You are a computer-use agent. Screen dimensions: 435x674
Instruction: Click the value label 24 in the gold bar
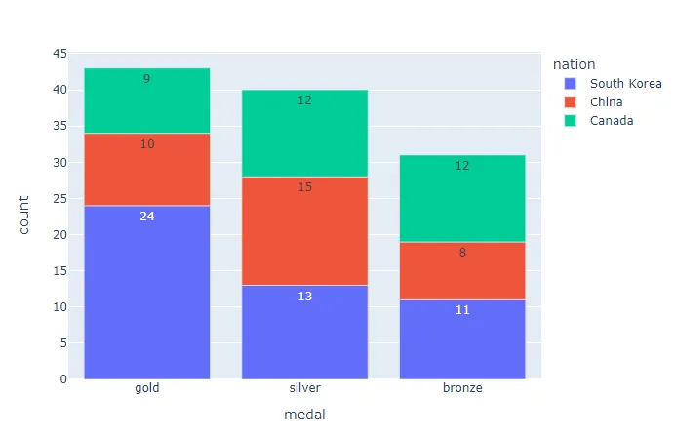146,217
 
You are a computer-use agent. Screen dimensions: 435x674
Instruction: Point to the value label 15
304,187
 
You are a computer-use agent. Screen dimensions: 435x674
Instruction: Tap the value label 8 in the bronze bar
461,253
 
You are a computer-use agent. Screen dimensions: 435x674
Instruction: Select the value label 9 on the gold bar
146,79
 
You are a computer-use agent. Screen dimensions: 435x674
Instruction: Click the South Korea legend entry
625,84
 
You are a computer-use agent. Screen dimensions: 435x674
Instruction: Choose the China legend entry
608,102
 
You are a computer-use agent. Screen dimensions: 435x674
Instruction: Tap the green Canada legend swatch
570,121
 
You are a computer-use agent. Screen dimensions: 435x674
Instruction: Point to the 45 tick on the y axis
59,54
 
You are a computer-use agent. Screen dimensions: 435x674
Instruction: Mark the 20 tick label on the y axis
59,235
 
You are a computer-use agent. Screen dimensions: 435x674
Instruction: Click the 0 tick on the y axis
63,379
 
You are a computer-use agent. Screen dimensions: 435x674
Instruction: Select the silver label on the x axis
304,388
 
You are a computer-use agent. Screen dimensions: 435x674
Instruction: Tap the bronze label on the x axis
461,388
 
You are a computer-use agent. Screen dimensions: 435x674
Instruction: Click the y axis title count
24,216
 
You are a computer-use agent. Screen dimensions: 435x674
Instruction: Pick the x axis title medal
304,415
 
